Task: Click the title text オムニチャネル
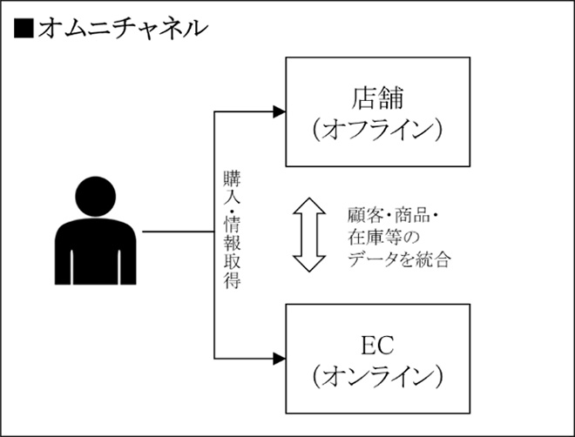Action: coord(121,28)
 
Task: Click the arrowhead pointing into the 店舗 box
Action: coord(278,111)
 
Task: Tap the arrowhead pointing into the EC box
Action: coord(278,358)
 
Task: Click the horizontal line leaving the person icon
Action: coord(178,233)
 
